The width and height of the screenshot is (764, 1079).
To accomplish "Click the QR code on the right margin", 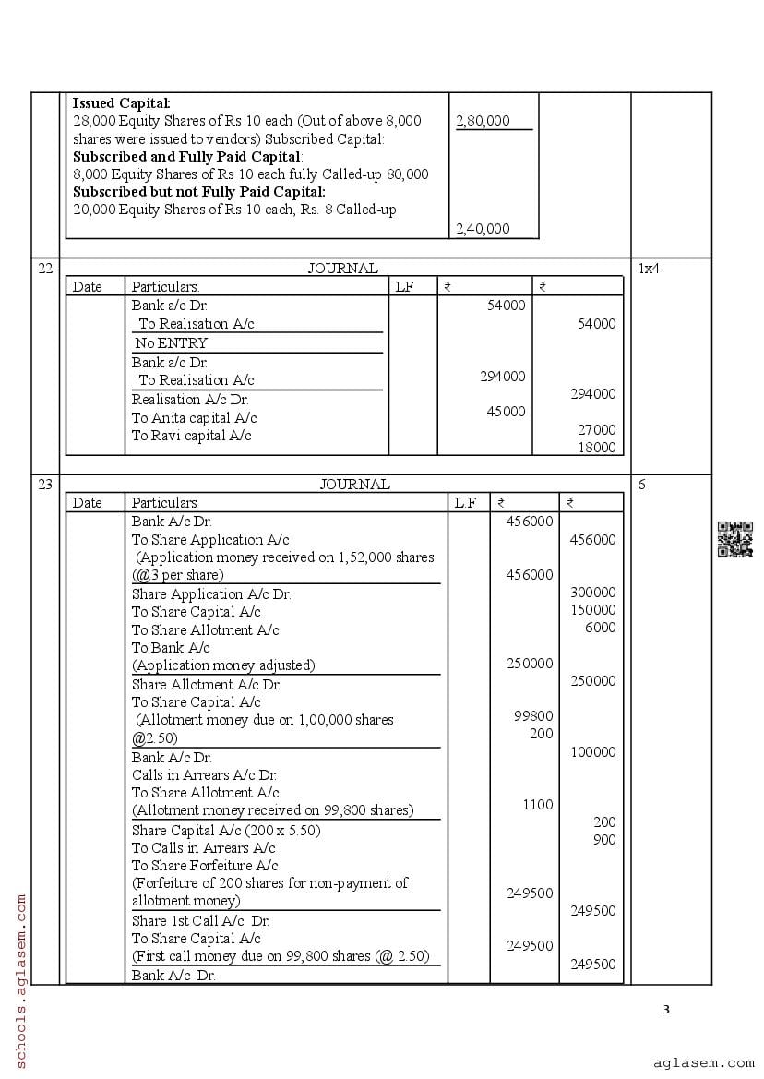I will click(735, 540).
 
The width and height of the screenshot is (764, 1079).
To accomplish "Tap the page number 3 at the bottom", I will click(666, 1009).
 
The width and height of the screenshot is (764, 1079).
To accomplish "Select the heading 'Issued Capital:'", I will click(121, 103).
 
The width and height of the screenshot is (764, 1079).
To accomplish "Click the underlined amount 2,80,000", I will click(483, 121).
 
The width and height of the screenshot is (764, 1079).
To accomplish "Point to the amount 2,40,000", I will click(483, 229).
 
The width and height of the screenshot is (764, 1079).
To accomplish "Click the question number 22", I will click(45, 269).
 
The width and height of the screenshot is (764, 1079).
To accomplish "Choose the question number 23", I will click(45, 485).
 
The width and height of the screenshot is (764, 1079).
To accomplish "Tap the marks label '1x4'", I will click(649, 269).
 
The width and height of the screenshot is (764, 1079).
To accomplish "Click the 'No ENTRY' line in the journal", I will click(171, 343).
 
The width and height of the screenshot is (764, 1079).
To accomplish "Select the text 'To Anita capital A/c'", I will click(194, 418).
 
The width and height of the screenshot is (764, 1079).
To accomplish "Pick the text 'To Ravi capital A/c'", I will click(191, 436).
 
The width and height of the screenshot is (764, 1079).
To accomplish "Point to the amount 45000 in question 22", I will click(506, 412).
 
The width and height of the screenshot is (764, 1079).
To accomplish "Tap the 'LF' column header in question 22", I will click(404, 287).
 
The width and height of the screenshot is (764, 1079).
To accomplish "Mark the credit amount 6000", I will click(600, 628).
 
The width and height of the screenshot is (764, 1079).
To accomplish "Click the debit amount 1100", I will click(537, 805).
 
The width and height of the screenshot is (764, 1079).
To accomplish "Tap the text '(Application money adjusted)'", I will click(223, 665).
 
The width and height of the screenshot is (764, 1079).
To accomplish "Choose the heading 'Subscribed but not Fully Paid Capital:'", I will click(198, 192).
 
